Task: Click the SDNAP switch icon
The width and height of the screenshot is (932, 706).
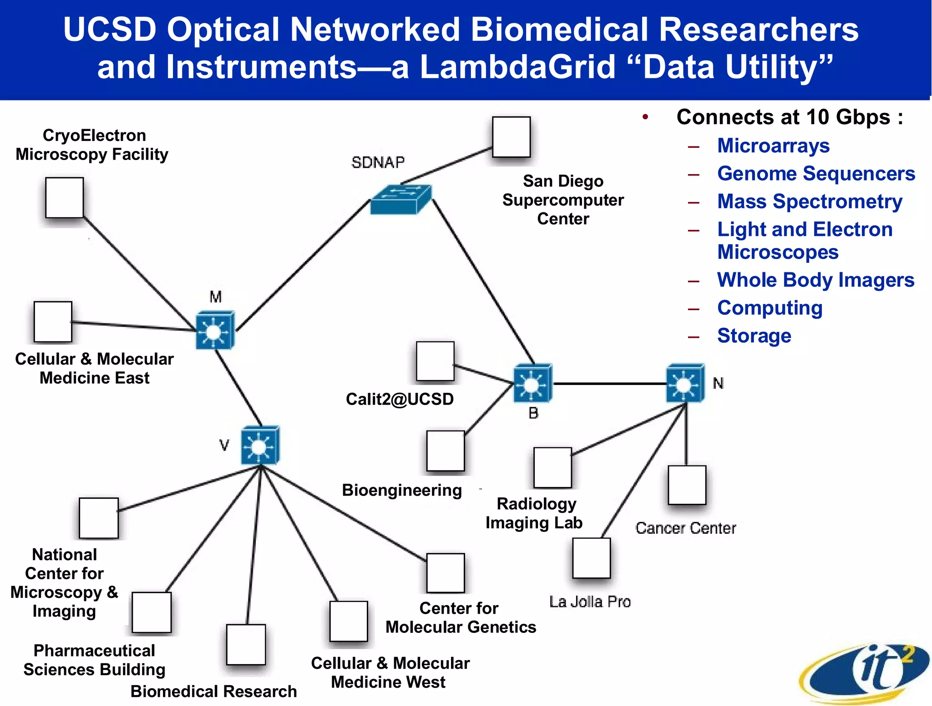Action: pyautogui.click(x=400, y=200)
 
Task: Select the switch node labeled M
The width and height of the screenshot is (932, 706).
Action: pyautogui.click(x=215, y=330)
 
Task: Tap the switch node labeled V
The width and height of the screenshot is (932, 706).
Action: pyautogui.click(x=260, y=446)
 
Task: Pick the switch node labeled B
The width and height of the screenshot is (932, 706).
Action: pyautogui.click(x=532, y=383)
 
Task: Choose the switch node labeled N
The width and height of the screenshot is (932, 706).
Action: pyautogui.click(x=685, y=383)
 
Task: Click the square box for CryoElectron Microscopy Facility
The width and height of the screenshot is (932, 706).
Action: pyautogui.click(x=65, y=198)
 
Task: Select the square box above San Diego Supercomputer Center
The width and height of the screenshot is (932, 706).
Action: pyautogui.click(x=511, y=137)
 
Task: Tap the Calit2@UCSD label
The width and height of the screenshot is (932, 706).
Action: pyautogui.click(x=400, y=399)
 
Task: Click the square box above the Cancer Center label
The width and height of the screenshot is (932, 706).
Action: pyautogui.click(x=687, y=485)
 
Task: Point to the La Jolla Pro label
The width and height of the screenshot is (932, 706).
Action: pyautogui.click(x=590, y=601)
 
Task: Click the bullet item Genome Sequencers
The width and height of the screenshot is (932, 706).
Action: pyautogui.click(x=816, y=174)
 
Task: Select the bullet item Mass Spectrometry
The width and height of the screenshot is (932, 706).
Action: pyautogui.click(x=810, y=201)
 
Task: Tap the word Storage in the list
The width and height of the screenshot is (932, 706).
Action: pyautogui.click(x=754, y=336)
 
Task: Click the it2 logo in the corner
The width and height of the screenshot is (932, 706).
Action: pyautogui.click(x=865, y=673)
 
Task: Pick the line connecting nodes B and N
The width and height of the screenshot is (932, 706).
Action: pyautogui.click(x=610, y=384)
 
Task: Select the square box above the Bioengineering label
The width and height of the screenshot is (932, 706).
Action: pyautogui.click(x=445, y=451)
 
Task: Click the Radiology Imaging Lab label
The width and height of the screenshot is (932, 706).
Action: pyautogui.click(x=535, y=513)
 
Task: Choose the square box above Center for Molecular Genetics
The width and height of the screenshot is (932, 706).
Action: pyautogui.click(x=445, y=573)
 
